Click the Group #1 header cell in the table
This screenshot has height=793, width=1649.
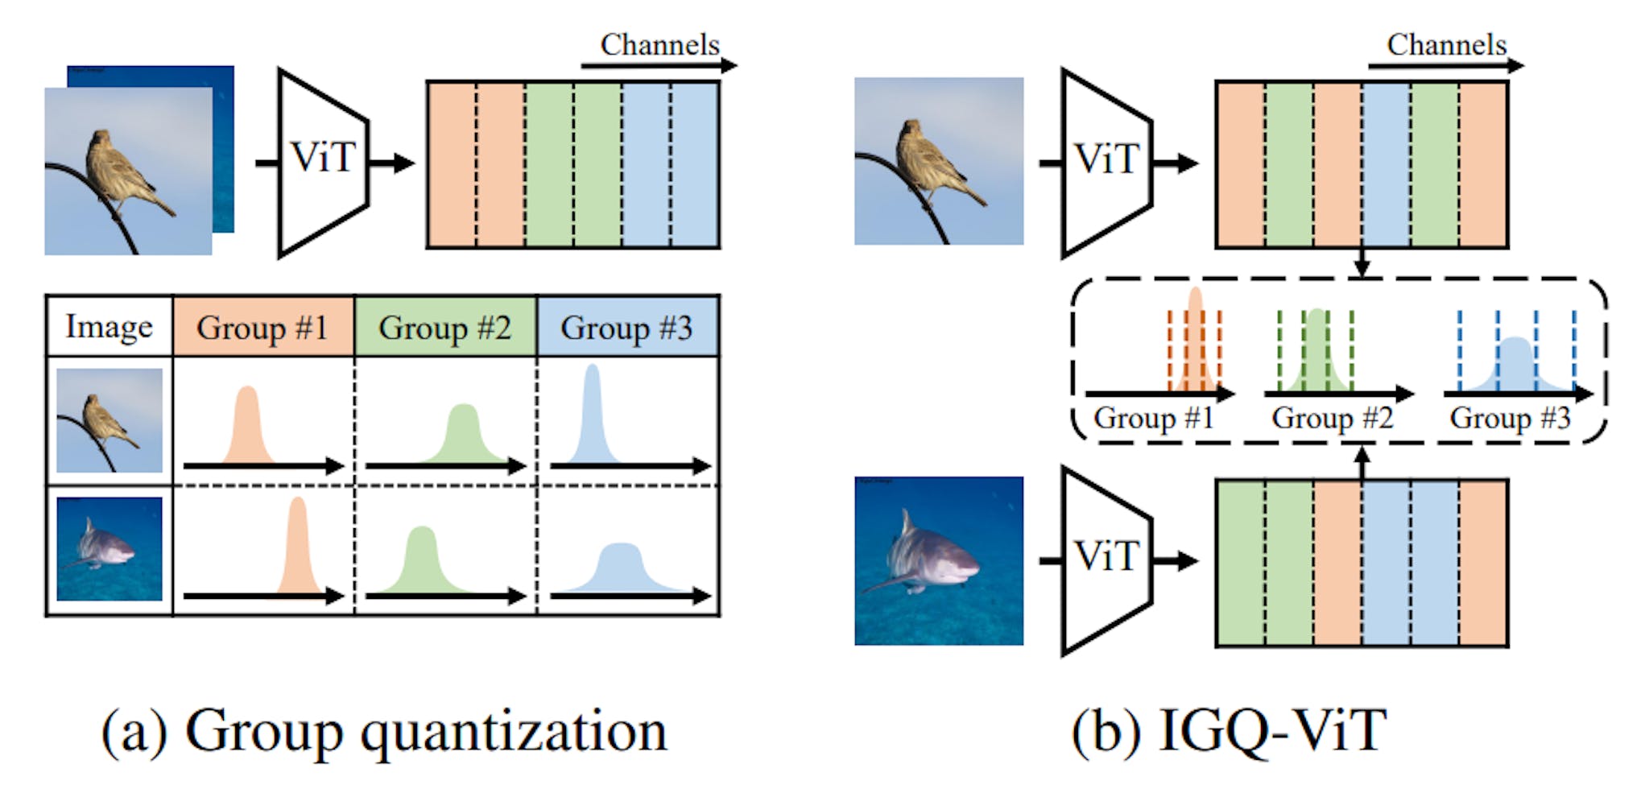[x=262, y=327]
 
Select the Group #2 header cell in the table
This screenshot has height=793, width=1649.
[x=444, y=327]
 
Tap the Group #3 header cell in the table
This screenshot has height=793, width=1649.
[x=627, y=327]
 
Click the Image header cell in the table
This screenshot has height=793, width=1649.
[x=109, y=327]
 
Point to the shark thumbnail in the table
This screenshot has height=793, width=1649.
[x=109, y=548]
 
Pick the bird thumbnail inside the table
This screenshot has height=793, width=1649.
[x=109, y=420]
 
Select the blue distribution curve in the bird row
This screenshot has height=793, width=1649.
[x=593, y=419]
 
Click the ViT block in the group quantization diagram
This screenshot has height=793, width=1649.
[x=322, y=161]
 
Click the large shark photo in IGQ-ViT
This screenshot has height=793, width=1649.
[x=939, y=560]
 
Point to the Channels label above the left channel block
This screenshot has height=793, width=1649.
[x=659, y=45]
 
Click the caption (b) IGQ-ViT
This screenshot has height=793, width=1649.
[x=1229, y=730]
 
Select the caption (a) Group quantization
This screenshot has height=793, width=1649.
[x=384, y=730]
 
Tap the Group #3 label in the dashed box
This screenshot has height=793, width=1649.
[x=1510, y=418]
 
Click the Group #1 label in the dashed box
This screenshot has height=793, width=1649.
[x=1153, y=418]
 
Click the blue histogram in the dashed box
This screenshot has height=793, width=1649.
[x=1515, y=366]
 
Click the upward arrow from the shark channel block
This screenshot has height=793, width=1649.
[x=1362, y=464]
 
